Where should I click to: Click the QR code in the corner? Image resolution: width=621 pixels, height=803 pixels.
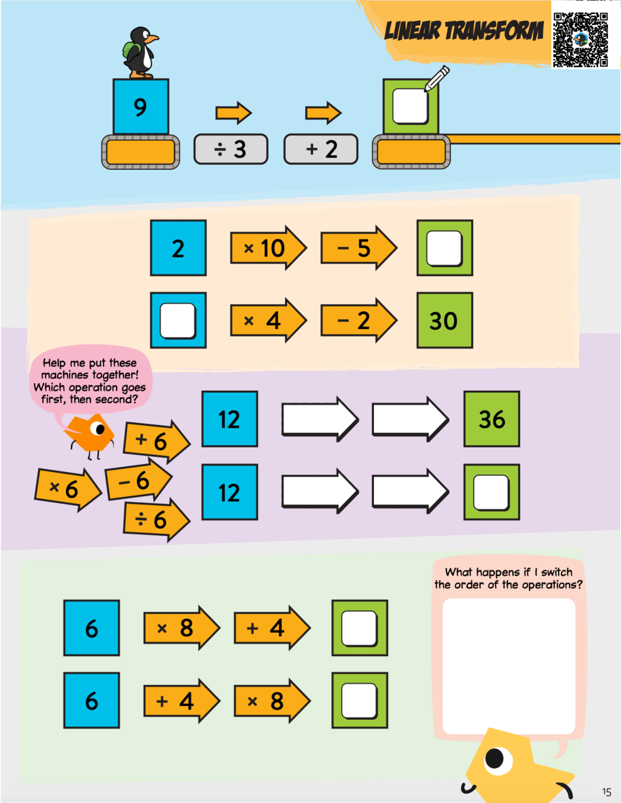[581, 39]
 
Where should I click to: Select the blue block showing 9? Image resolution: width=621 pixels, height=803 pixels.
[141, 107]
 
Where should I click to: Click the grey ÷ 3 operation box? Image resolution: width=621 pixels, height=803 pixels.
[231, 149]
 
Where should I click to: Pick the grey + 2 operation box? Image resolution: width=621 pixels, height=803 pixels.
[321, 149]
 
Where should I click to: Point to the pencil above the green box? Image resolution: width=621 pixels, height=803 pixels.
[437, 79]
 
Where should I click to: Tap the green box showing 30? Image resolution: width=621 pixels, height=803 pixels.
[445, 321]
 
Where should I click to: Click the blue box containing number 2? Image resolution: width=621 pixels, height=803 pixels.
[178, 248]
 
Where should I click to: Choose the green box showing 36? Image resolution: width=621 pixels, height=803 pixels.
[491, 419]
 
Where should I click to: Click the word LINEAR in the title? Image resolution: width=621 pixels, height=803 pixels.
[412, 31]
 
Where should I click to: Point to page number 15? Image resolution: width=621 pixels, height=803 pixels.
[606, 792]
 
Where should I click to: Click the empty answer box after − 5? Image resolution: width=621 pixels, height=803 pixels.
[445, 248]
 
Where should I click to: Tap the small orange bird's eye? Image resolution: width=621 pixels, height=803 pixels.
[99, 428]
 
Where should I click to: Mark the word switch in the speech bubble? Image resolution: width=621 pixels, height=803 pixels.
[557, 572]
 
